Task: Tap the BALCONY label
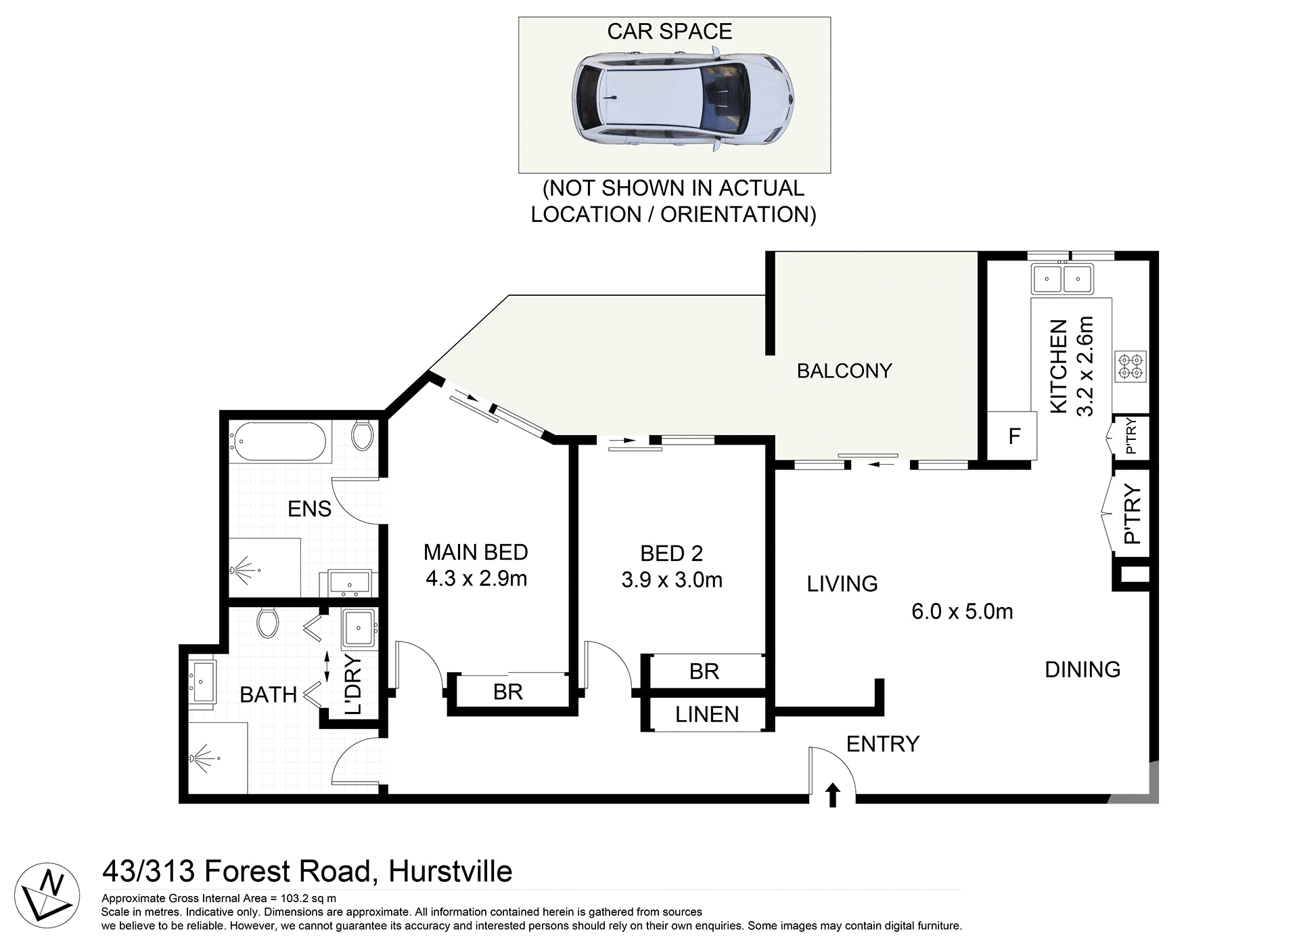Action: tap(844, 371)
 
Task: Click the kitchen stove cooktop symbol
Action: tap(1131, 367)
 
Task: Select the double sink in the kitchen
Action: tap(1062, 278)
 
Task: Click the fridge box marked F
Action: tap(1013, 437)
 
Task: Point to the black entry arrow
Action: tap(833, 795)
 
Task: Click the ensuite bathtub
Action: tap(278, 442)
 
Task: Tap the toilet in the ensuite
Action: tap(363, 435)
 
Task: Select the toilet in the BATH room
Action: tap(268, 622)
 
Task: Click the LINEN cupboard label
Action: tap(706, 715)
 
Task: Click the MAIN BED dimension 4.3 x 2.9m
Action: tap(476, 579)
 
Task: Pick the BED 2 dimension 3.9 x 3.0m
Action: tap(671, 580)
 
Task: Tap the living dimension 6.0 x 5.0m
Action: tap(961, 612)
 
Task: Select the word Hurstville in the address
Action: tap(450, 872)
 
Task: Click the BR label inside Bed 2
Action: tap(704, 671)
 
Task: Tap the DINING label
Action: tap(1082, 669)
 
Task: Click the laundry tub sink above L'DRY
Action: tap(358, 629)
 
